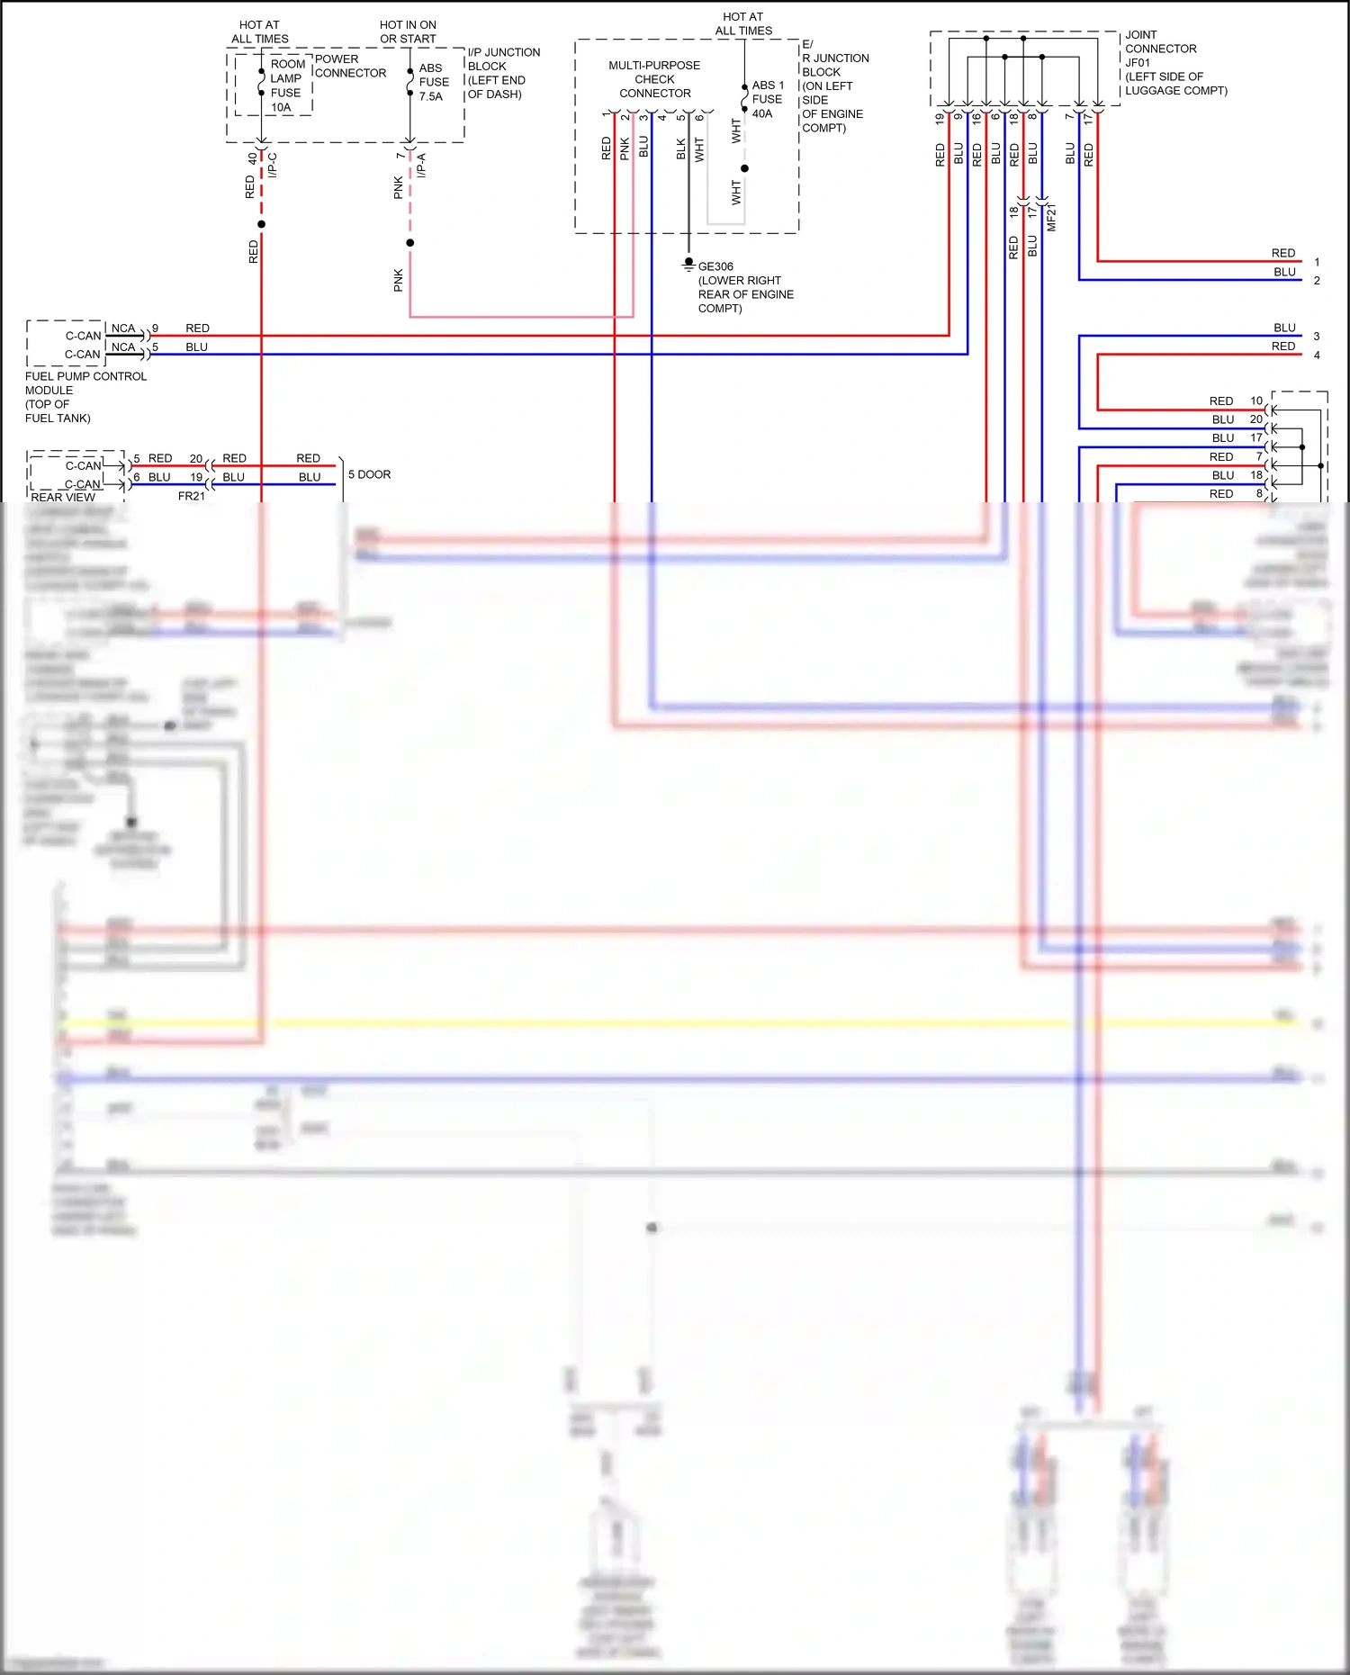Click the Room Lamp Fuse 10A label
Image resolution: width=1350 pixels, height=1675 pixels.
coord(286,86)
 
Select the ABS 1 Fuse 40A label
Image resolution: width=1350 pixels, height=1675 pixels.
coord(767,99)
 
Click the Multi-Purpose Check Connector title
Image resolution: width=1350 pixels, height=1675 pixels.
coord(654,79)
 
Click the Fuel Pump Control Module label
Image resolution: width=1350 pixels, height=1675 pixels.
coord(85,397)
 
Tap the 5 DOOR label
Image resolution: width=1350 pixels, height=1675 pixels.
coord(369,474)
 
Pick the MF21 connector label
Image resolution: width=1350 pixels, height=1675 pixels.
coord(1051,218)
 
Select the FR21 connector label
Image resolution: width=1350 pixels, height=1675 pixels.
coord(192,496)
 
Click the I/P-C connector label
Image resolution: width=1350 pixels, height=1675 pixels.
coord(273,165)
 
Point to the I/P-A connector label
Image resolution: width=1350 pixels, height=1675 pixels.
coord(421,165)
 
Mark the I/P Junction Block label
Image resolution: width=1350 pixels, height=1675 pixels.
coord(502,73)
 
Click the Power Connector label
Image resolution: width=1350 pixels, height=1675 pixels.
coord(349,66)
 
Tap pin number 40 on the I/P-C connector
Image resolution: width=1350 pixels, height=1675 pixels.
coord(252,158)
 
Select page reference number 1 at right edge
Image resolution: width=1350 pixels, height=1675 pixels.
coord(1317,262)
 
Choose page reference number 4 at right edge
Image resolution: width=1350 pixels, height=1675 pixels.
coord(1317,355)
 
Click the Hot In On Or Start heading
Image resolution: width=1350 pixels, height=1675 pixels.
coord(408,32)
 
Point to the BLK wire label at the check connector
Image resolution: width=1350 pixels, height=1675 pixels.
coord(681,149)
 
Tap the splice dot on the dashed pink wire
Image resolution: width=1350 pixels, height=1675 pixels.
coord(410,243)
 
